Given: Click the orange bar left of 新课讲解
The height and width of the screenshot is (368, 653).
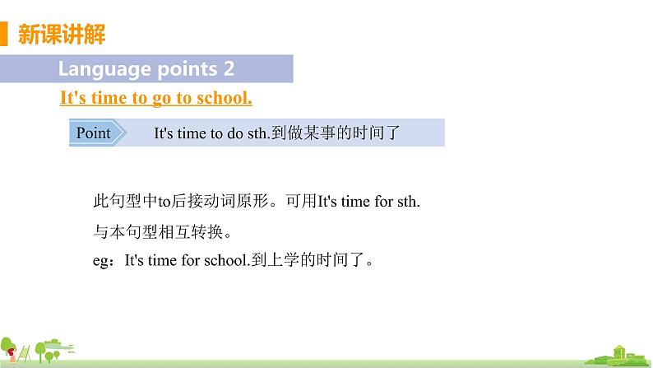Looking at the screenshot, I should coord(3,35).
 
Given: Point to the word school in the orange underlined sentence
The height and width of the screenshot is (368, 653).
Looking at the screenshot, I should coord(225,98).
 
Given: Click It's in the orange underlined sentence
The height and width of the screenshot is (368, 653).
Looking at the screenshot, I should coord(72,98).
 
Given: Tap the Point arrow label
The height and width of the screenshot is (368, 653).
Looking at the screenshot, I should coord(95,133).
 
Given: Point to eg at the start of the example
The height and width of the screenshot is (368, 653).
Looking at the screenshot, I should coord(101,262).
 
